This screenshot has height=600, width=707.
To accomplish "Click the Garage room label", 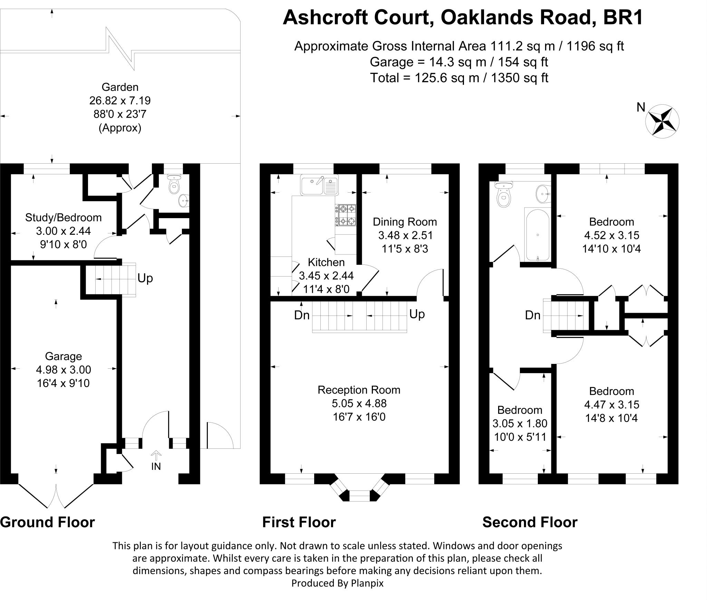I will tap(64, 356).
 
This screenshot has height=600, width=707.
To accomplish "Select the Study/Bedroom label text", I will tap(64, 217).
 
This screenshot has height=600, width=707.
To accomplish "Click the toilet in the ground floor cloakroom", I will tap(174, 185).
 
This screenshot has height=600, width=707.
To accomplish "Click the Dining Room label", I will tap(405, 222).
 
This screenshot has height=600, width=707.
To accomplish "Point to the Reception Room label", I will tap(359, 390).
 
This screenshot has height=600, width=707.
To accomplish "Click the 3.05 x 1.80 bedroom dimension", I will tap(520, 424).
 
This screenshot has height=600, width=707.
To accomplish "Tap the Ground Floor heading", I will tap(48, 522).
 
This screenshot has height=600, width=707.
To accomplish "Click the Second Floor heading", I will tap(530, 522).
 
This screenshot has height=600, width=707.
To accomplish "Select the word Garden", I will tap(120, 87).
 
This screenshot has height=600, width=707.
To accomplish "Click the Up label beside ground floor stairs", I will tap(145, 278).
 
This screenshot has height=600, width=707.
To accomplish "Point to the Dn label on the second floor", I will tap(533, 315).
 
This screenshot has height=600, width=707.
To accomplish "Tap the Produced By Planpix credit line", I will tap(337, 583).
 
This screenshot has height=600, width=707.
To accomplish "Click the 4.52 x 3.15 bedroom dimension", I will tap(612, 235).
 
